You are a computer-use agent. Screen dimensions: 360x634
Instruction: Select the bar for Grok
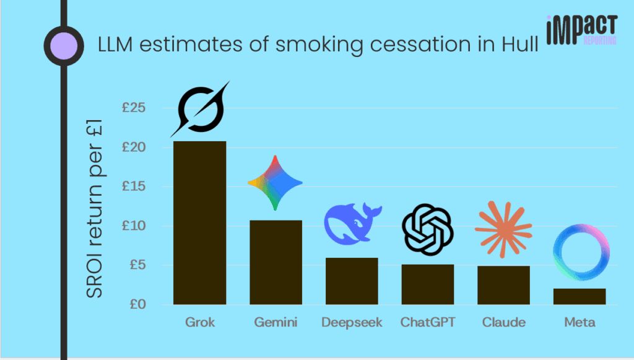(199, 223)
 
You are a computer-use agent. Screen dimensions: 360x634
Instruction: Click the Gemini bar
(276, 262)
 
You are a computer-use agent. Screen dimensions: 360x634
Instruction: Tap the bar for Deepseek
(352, 281)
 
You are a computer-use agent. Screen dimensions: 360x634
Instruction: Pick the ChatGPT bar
(428, 284)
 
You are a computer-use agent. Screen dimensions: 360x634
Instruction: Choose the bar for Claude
(503, 285)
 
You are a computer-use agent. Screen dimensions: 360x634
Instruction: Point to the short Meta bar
(580, 296)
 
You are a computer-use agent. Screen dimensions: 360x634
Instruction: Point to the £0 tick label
(136, 304)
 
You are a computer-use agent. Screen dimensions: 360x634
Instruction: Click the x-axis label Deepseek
(352, 322)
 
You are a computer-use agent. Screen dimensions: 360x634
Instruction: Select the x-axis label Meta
(580, 322)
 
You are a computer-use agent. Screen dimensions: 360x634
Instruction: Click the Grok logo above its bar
(199, 110)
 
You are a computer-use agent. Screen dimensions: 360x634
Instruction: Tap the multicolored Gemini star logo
(275, 183)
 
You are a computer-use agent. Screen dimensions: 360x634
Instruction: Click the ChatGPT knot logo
(428, 229)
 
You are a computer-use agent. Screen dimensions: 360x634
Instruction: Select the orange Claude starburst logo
(503, 229)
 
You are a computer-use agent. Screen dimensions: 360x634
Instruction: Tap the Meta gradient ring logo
(581, 253)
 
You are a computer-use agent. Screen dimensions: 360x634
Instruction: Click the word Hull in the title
(521, 45)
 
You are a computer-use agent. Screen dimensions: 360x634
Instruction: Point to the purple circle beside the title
(63, 45)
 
